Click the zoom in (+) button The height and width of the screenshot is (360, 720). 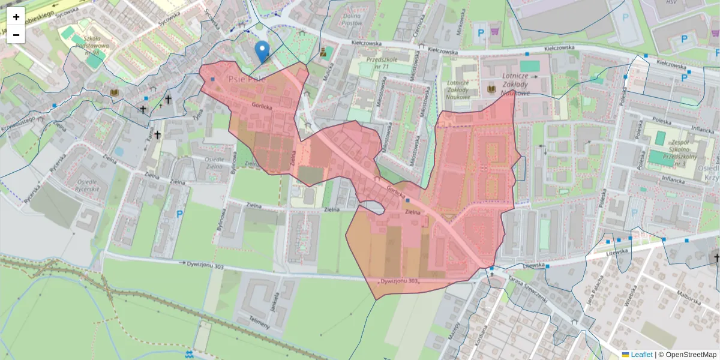(x=16, y=17)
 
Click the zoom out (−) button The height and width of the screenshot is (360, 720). (x=16, y=35)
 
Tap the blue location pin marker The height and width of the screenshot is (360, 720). (x=262, y=51)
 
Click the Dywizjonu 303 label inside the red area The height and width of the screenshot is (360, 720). (x=399, y=281)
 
